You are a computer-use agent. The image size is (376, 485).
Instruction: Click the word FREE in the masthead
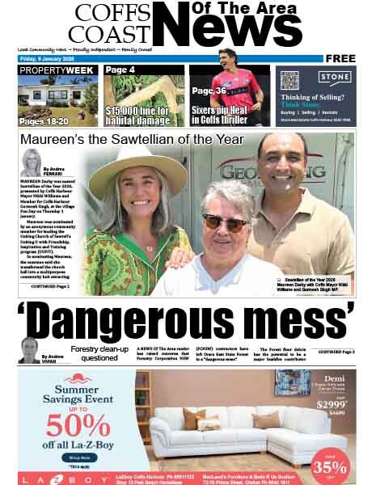coord(340,58)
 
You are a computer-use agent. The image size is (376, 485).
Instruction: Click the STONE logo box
coord(334,78)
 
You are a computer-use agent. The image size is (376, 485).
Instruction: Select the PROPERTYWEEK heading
coord(57,71)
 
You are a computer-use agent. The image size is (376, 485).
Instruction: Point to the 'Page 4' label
coord(120,70)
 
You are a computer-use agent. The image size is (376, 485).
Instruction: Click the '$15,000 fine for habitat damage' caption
coord(143,113)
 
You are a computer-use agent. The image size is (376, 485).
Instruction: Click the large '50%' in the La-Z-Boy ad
coord(67,425)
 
